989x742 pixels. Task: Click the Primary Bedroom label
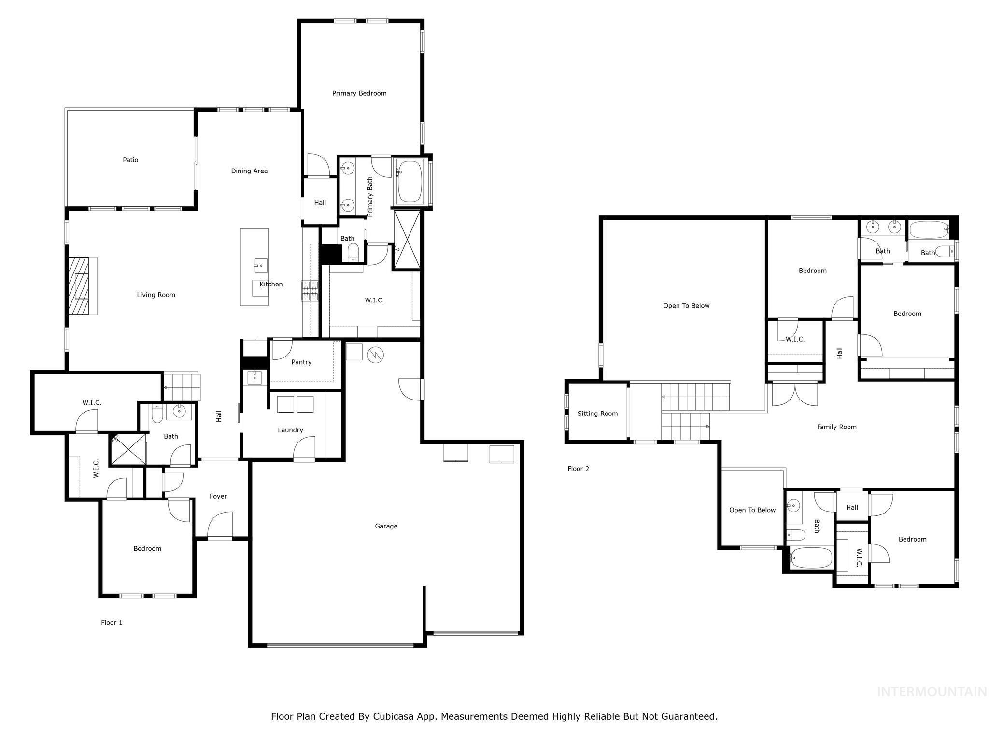click(x=359, y=93)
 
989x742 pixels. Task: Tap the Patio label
click(x=130, y=160)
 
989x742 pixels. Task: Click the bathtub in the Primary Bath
click(x=410, y=182)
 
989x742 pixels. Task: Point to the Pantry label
click(x=301, y=362)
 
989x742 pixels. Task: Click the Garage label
click(x=386, y=526)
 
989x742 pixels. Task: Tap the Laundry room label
click(x=290, y=430)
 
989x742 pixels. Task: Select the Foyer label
click(x=218, y=496)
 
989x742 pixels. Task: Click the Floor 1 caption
click(x=112, y=622)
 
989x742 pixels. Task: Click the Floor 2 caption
click(x=578, y=469)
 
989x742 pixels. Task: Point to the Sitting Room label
click(x=597, y=414)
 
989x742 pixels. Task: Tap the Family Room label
click(x=836, y=427)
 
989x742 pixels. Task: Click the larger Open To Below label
click(x=686, y=306)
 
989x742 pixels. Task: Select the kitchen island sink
click(x=260, y=265)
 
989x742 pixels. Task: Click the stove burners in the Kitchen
click(x=310, y=291)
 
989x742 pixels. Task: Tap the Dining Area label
click(x=249, y=171)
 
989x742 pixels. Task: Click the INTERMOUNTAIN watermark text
click(x=932, y=692)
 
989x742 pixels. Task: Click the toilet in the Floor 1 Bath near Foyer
click(x=157, y=414)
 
